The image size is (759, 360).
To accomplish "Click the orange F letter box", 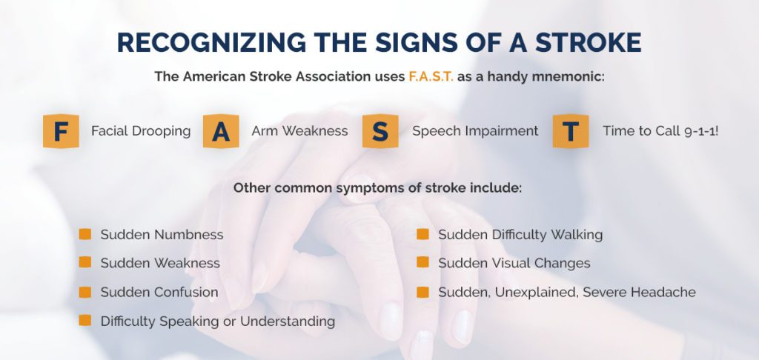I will coord(61,131).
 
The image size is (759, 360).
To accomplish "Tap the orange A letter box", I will coord(221,131).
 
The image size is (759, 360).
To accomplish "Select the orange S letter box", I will coord(380,131).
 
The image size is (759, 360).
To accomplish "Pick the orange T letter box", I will coord(571,131).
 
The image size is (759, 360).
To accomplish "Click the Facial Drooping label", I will coord(141,131).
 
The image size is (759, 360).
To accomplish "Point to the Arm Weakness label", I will coord(299,131).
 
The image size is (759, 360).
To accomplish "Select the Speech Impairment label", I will coord(475,131).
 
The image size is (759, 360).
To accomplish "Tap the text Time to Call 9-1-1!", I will coord(660,131).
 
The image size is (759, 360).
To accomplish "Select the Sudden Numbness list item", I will coord(162,235).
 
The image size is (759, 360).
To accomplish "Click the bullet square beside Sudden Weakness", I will coord(85,263).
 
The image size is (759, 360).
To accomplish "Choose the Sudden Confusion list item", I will coord(159,293).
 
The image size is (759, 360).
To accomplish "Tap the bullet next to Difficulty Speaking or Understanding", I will coord(85,321).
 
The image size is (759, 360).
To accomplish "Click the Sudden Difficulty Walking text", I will coord(520,235).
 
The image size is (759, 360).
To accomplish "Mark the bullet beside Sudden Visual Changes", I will coord(422,263).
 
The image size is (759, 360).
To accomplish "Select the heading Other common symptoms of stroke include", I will coord(378,187).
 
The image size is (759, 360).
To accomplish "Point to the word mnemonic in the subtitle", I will coord(566,76).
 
